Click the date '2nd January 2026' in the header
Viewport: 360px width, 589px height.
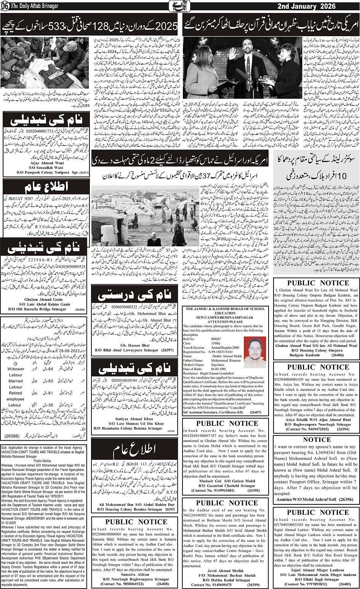(317, 6)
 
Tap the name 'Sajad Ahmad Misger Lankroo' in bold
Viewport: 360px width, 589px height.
(312, 569)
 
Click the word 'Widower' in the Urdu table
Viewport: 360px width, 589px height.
(16, 369)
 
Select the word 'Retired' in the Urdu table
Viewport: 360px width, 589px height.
(16, 393)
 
